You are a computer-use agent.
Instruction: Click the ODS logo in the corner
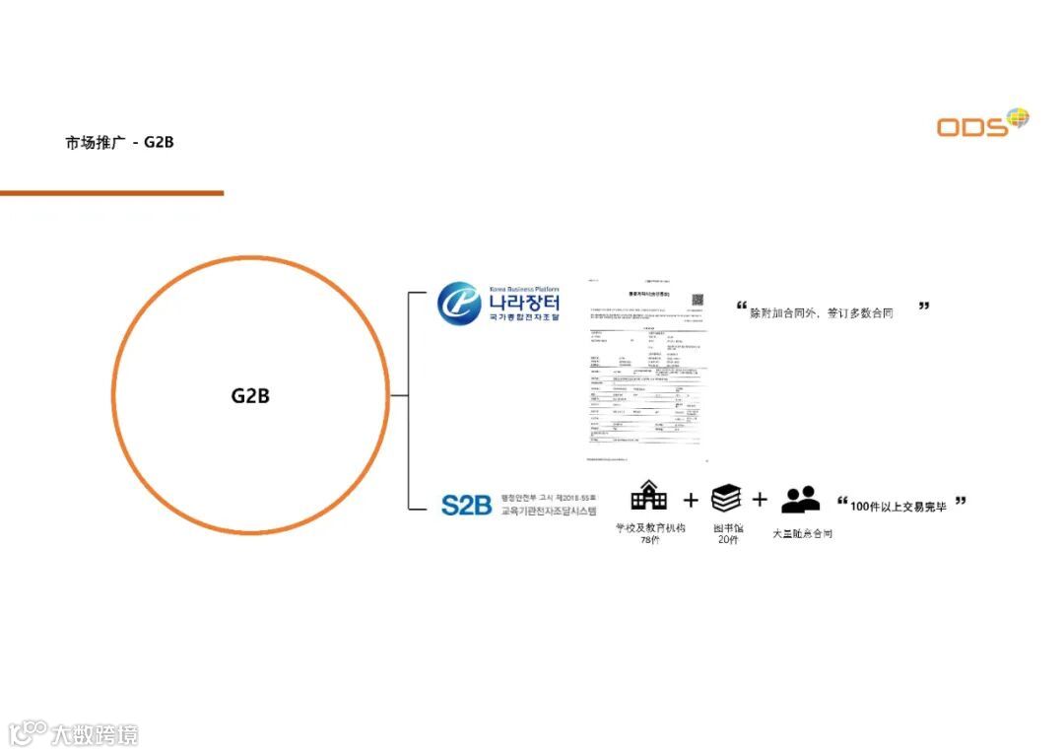981,123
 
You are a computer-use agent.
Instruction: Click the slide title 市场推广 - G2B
119,142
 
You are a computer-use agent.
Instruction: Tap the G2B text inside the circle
250,396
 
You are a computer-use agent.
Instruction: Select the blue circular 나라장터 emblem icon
459,304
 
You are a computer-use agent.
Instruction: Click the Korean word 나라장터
524,301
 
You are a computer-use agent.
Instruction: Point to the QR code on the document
698,299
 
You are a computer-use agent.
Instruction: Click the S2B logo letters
466,506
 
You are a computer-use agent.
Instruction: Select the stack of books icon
726,498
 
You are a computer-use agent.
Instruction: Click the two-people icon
800,499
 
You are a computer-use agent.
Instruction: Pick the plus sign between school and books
690,500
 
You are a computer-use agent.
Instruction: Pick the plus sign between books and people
760,500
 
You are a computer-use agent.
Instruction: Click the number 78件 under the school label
649,540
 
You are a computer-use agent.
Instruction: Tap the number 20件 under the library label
728,540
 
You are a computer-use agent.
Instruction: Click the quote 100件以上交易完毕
898,506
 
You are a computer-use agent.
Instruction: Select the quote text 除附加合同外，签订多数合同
822,312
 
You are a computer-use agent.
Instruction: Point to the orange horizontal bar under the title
111,193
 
